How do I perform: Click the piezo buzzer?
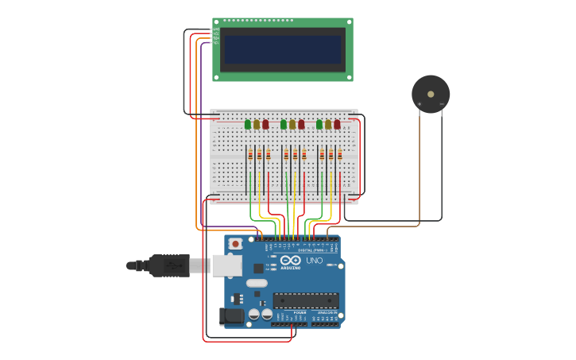[x=430, y=94]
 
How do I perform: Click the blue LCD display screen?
[x=282, y=49]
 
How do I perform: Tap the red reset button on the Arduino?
[x=234, y=243]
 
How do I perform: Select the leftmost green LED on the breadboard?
[x=248, y=124]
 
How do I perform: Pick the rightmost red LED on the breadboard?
[x=337, y=124]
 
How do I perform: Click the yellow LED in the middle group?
[x=292, y=124]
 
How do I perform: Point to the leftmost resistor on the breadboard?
[x=250, y=154]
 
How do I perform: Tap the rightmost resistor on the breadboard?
[x=340, y=154]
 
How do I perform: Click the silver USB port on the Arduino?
[x=226, y=265]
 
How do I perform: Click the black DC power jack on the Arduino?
[x=231, y=316]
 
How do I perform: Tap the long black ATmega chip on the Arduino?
[x=306, y=300]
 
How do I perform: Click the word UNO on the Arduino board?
[x=315, y=261]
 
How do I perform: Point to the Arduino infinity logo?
[x=291, y=260]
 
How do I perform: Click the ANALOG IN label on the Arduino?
[x=327, y=313]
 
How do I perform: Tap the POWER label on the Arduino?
[x=300, y=313]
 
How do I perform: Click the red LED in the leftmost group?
[x=265, y=124]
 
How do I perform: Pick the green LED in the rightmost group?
[x=319, y=124]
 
